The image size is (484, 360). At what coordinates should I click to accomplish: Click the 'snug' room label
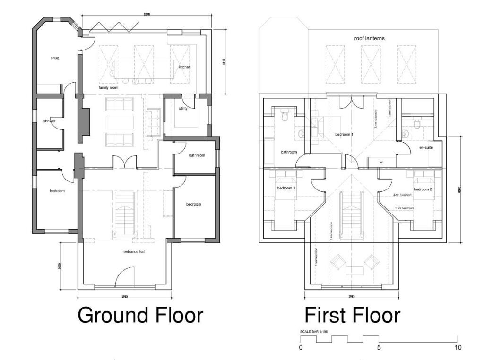pyautogui.click(x=55, y=58)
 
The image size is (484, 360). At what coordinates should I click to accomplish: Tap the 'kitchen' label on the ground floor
pyautogui.click(x=184, y=67)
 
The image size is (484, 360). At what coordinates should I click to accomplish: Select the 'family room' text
pyautogui.click(x=108, y=88)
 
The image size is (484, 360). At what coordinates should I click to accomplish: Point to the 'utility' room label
pyautogui.click(x=183, y=109)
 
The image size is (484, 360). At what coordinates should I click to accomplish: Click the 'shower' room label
pyautogui.click(x=50, y=121)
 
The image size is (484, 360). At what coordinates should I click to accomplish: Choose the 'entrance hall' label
pyautogui.click(x=134, y=252)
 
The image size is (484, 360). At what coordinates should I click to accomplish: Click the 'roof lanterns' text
pyautogui.click(x=369, y=38)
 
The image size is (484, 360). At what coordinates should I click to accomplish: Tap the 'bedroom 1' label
pyautogui.click(x=344, y=135)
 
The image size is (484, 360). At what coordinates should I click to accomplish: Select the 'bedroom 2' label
pyautogui.click(x=423, y=189)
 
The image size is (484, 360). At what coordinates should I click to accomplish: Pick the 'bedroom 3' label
pyautogui.click(x=286, y=188)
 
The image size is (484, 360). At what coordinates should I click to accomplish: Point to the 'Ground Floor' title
pyautogui.click(x=140, y=315)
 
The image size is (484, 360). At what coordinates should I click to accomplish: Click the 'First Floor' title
pyautogui.click(x=352, y=315)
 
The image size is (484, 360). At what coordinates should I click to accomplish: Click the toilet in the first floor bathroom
pyautogui.click(x=285, y=116)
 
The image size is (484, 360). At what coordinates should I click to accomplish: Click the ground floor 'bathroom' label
pyautogui.click(x=197, y=155)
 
